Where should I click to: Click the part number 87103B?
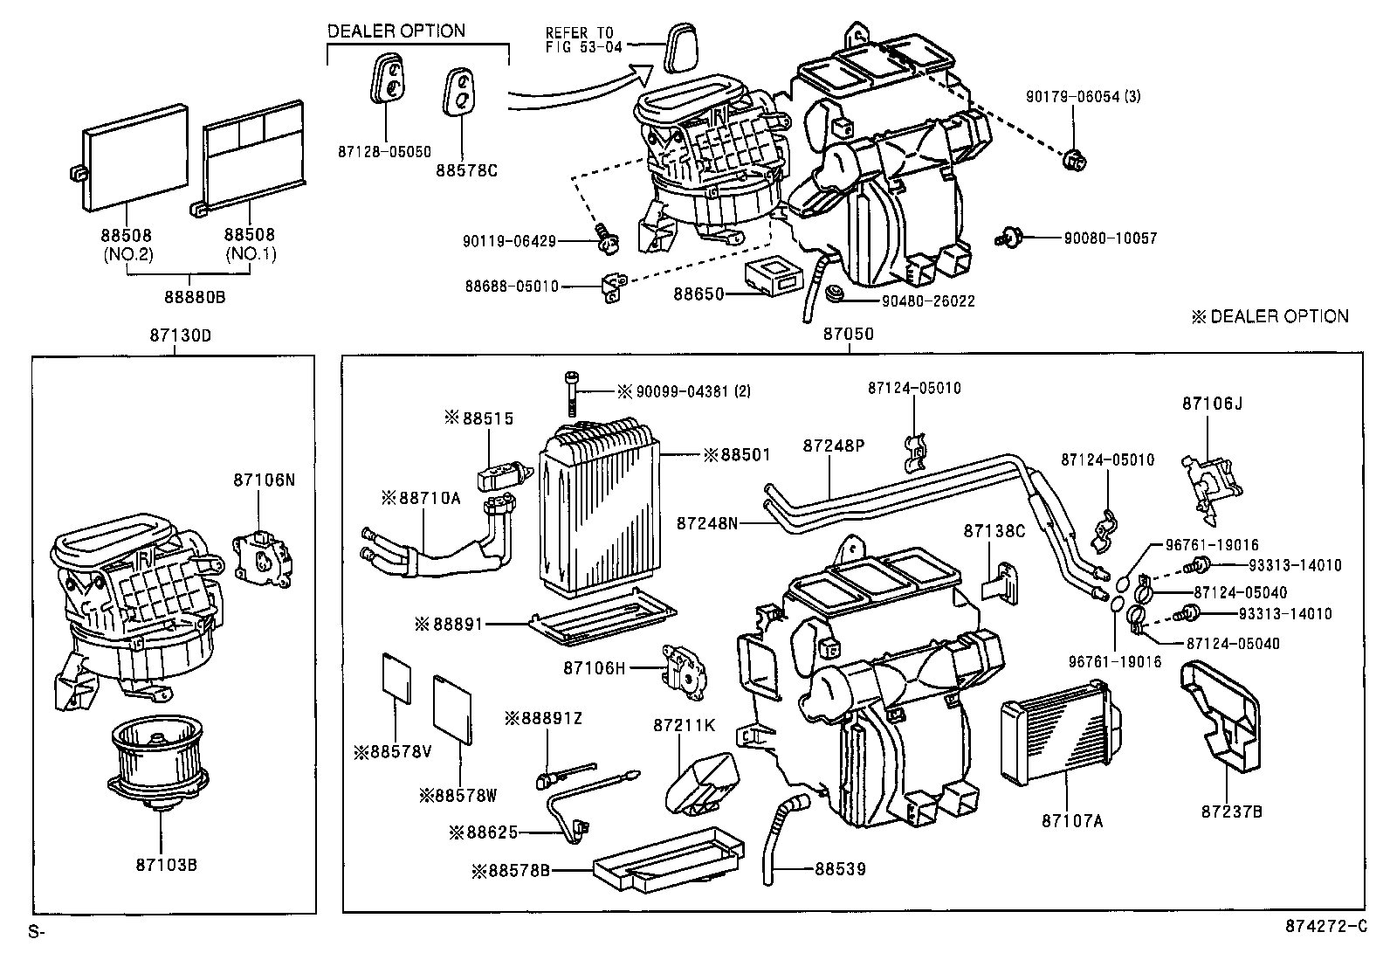[166, 865]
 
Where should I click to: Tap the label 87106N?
[264, 480]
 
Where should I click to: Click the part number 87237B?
[1231, 811]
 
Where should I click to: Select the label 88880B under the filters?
[194, 297]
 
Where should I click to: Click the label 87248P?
[833, 445]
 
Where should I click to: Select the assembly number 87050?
[848, 334]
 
